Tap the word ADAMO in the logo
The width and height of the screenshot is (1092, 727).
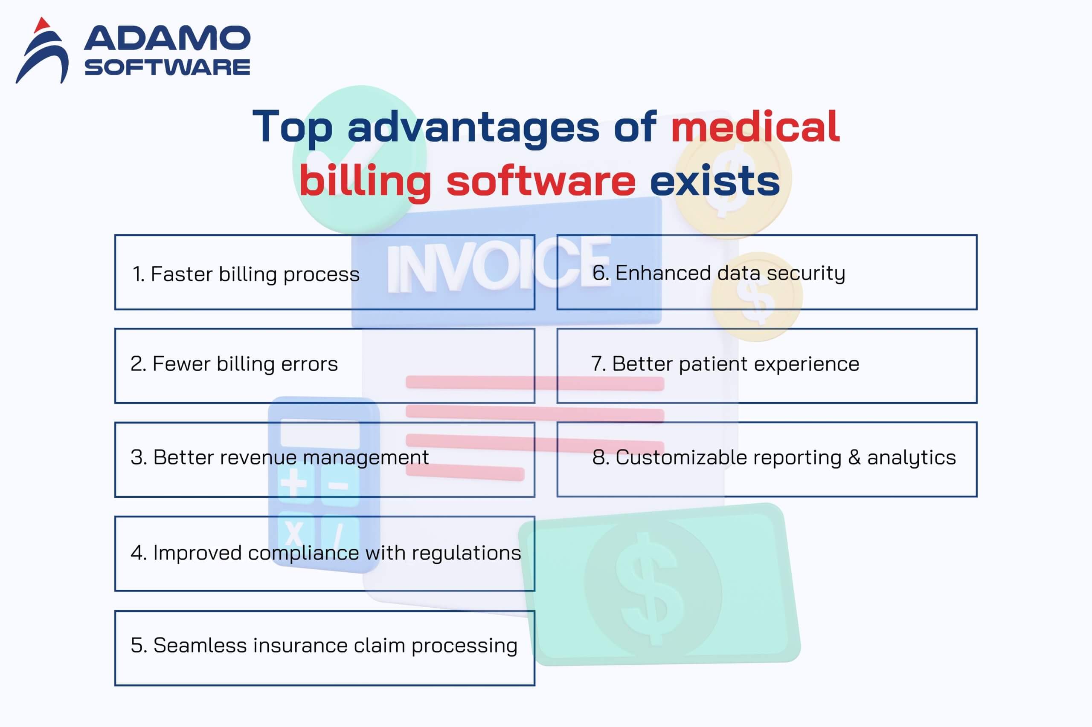(x=167, y=38)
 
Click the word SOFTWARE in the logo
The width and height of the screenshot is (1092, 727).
(x=167, y=67)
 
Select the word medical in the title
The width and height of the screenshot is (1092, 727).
(x=755, y=126)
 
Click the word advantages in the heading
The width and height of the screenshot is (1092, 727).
(x=473, y=128)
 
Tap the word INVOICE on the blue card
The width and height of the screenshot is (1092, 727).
(x=499, y=264)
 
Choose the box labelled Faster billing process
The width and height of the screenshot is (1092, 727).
(x=325, y=272)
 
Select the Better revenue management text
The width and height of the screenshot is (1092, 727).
(x=280, y=458)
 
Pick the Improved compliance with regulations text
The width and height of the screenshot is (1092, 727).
(x=326, y=553)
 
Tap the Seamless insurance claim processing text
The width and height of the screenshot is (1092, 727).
(x=324, y=646)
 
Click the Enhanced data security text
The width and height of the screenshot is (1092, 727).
(x=719, y=273)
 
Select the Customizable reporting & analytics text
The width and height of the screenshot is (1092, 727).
(x=774, y=458)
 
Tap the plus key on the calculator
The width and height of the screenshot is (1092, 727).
(x=294, y=483)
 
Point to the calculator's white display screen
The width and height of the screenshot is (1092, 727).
(x=320, y=433)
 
